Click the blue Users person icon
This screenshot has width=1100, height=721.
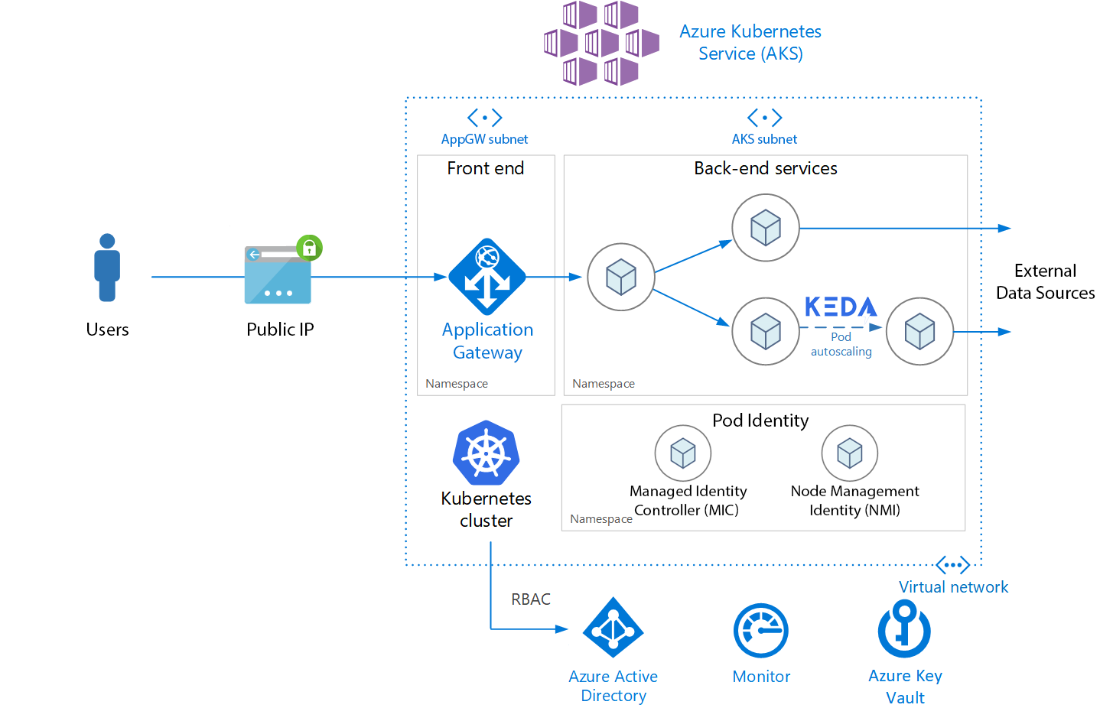tap(107, 268)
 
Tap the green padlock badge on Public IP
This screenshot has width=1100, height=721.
tap(309, 248)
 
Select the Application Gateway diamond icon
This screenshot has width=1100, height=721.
tap(487, 277)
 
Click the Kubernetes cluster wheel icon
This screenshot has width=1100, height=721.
tap(486, 453)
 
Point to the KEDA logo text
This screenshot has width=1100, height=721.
tap(841, 307)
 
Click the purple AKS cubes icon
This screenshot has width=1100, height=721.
tap(601, 43)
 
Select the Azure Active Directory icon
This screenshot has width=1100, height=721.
tap(613, 628)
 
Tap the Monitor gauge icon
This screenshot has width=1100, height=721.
tap(760, 631)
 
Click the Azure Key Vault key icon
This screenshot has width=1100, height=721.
tap(904, 629)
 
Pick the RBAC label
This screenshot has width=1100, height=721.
tap(531, 599)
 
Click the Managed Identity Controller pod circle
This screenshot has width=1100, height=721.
tap(682, 453)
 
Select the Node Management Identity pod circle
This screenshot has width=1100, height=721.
tap(849, 453)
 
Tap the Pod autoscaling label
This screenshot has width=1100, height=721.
tap(841, 344)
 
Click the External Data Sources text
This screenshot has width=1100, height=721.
tap(1045, 282)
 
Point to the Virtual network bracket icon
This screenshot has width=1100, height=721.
tap(953, 566)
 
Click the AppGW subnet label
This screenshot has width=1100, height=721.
tap(484, 139)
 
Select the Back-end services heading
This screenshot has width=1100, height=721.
tap(765, 168)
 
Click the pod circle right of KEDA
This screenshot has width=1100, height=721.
tap(919, 331)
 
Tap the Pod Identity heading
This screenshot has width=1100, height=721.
tap(760, 421)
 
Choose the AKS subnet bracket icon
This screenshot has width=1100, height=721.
tap(764, 118)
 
